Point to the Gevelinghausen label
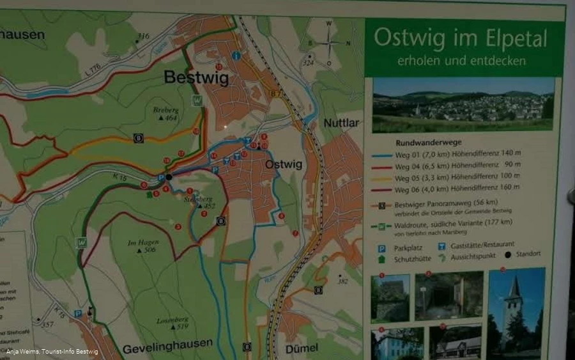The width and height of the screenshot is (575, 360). (x=167, y=343)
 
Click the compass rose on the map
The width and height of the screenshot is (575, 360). (x=329, y=43)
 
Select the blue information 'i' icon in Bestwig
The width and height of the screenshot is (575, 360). (x=236, y=56)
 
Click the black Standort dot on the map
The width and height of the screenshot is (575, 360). (x=169, y=177)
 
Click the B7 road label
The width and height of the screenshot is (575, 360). (x=275, y=94)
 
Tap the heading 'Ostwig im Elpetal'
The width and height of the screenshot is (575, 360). (x=460, y=38)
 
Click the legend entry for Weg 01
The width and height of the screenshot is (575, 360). (x=457, y=154)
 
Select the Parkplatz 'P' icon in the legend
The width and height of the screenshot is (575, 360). (x=382, y=246)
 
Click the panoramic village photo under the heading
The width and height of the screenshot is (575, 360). (x=463, y=104)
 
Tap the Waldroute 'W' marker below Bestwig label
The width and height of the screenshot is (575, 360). (x=197, y=100)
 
